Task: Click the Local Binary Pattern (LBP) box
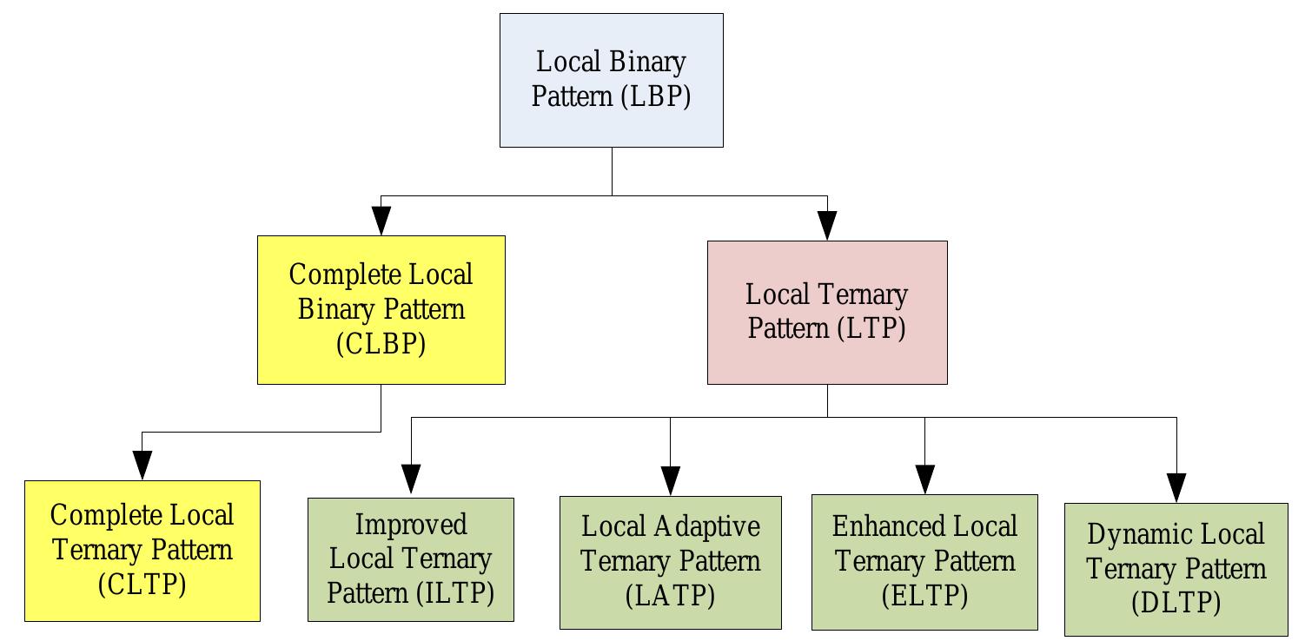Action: pyautogui.click(x=611, y=80)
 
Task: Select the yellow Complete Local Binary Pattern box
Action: pyautogui.click(x=381, y=309)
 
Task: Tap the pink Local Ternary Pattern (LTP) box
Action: pyautogui.click(x=826, y=312)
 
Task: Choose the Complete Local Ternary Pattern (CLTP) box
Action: pyautogui.click(x=142, y=551)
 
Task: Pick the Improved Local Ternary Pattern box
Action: pyautogui.click(x=410, y=559)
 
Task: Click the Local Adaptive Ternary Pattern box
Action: pyautogui.click(x=670, y=562)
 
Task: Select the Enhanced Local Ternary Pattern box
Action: pyautogui.click(x=924, y=562)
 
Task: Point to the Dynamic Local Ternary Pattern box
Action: pyautogui.click(x=1176, y=569)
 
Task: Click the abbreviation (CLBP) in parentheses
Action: pyautogui.click(x=381, y=345)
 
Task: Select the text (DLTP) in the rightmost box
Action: pyautogui.click(x=1176, y=604)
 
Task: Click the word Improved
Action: pyautogui.click(x=410, y=525)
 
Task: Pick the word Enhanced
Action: pyautogui.click(x=875, y=526)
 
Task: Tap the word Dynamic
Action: pyautogui.click(x=1129, y=533)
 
